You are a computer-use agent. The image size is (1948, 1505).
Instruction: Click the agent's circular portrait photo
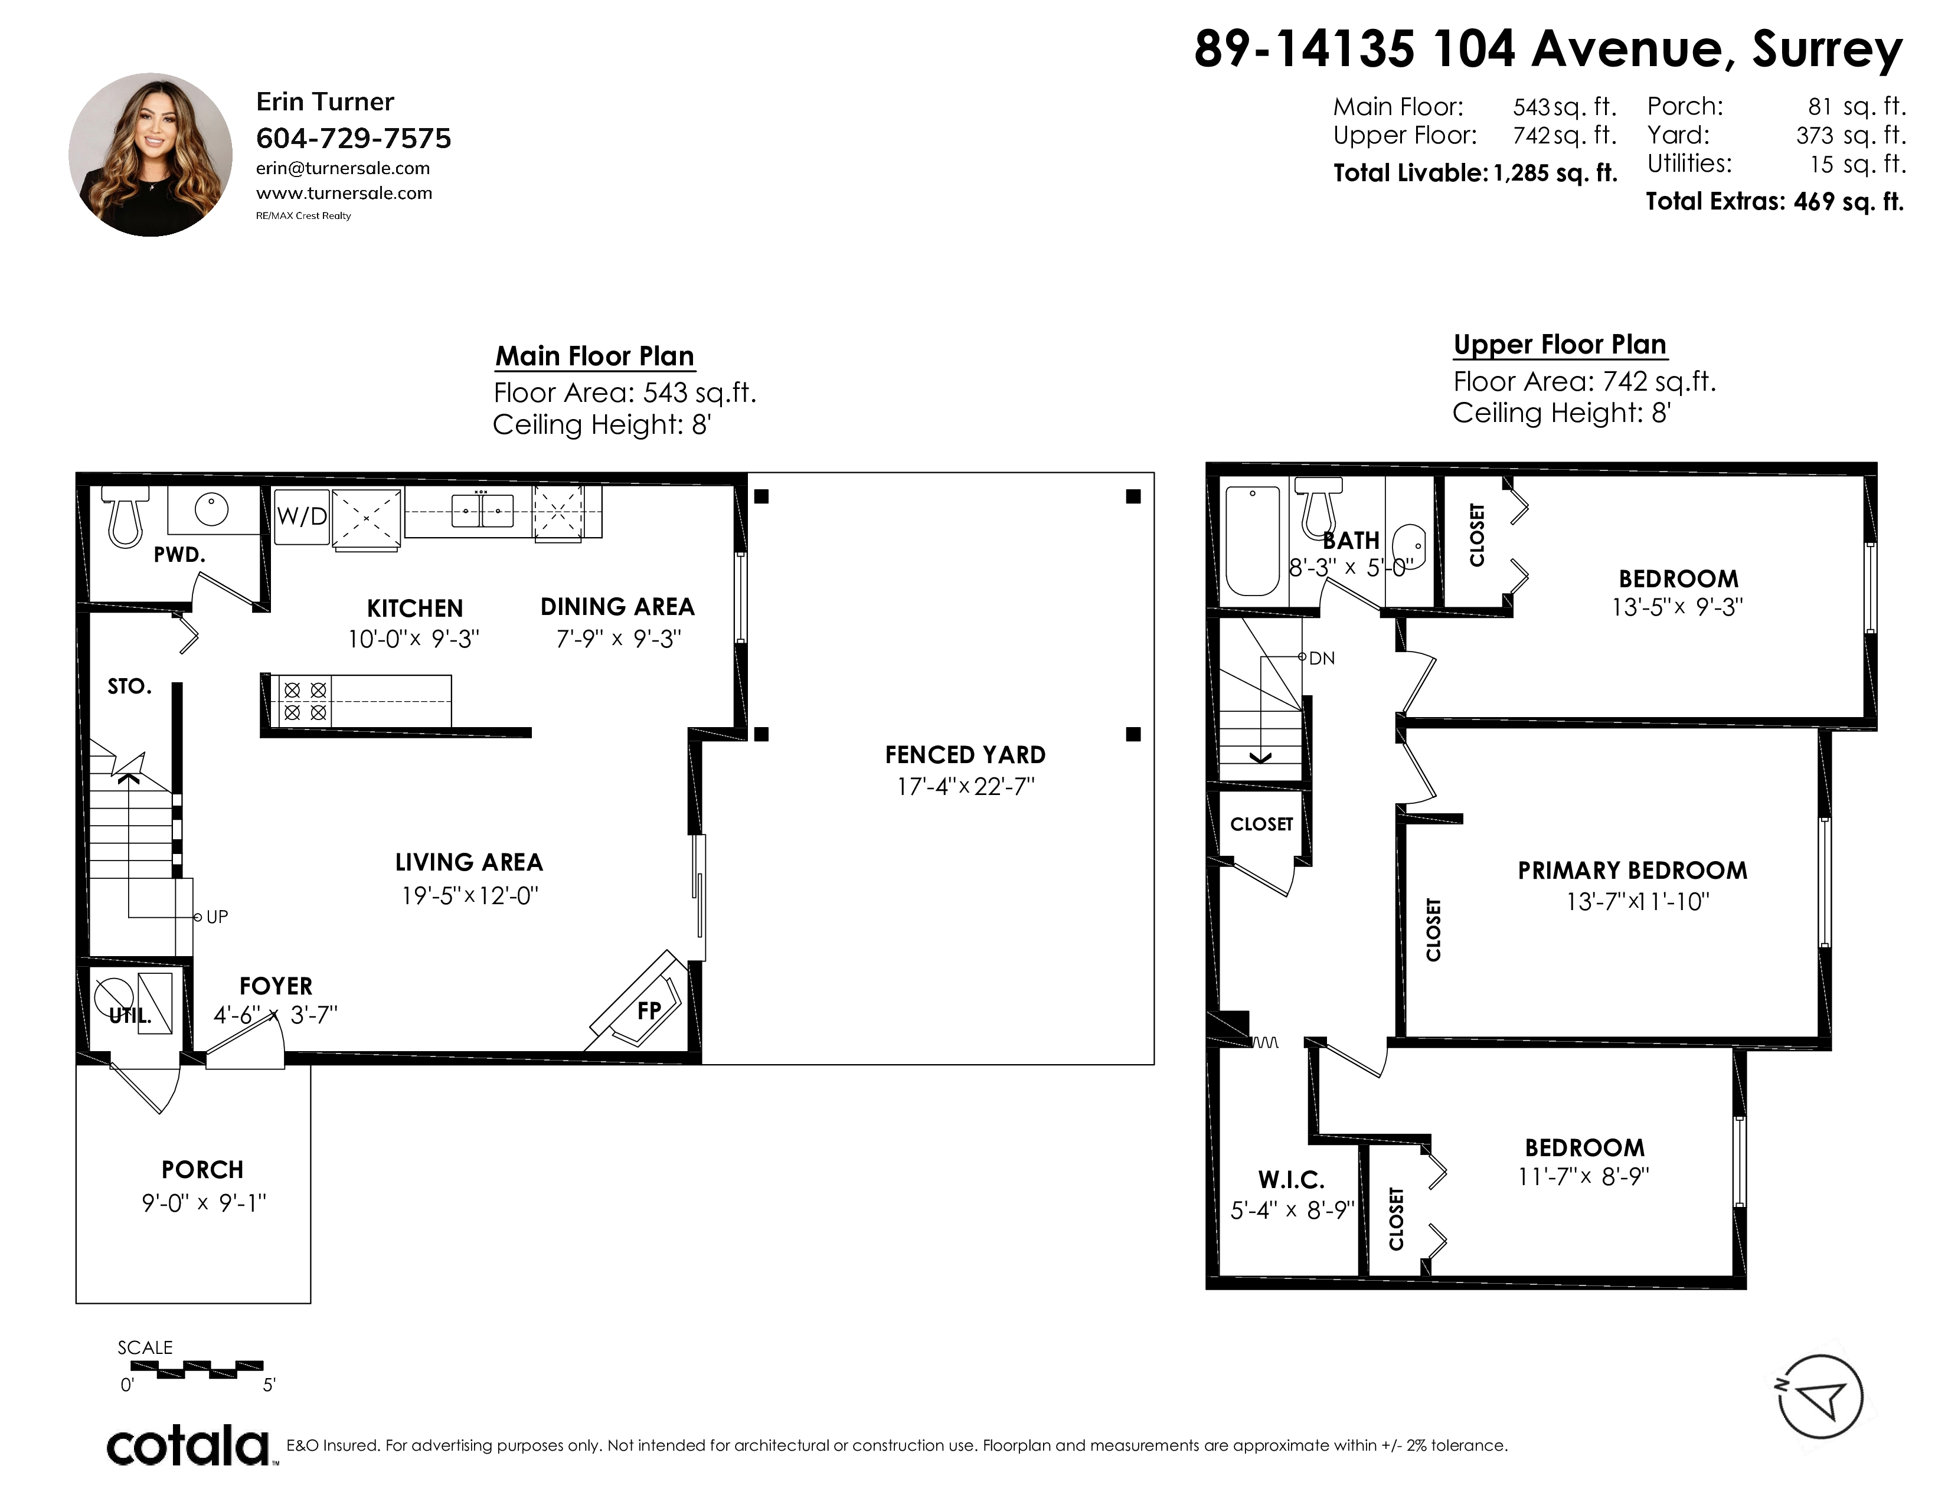tap(150, 154)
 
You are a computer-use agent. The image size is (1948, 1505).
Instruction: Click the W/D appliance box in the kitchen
tap(302, 516)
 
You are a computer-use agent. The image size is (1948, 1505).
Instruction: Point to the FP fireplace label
tap(649, 1010)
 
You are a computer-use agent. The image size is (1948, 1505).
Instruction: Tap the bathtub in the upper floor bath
tap(1253, 540)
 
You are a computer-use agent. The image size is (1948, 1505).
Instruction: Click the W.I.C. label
tap(1290, 1180)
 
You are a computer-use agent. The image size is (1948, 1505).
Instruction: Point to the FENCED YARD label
tap(965, 755)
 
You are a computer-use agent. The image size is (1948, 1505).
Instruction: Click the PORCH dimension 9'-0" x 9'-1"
tap(204, 1203)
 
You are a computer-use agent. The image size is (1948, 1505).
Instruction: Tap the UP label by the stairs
tap(217, 917)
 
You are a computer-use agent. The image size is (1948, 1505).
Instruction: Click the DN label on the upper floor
tap(1322, 658)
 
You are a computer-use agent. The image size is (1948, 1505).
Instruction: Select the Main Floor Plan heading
tap(595, 356)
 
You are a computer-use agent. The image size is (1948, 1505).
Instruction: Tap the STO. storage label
tap(129, 686)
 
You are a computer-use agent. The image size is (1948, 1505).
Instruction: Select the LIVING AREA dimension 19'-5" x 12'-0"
tap(470, 895)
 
